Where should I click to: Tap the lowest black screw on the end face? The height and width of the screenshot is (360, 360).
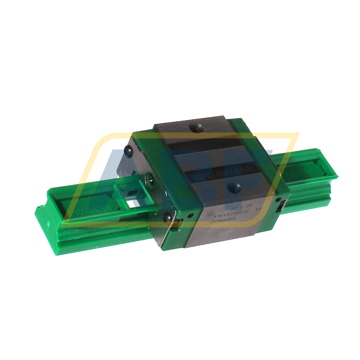167,218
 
